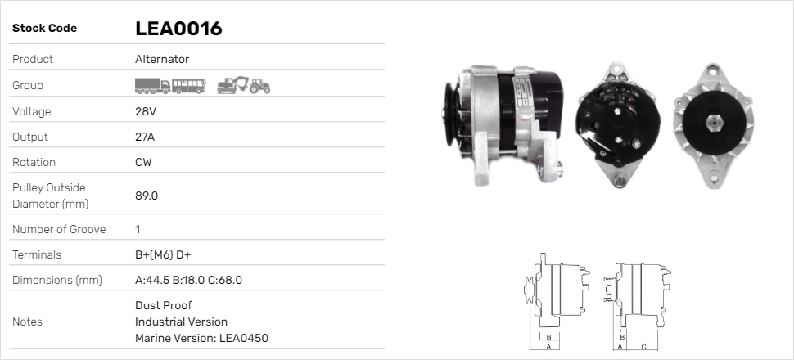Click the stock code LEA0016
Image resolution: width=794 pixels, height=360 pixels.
(178, 29)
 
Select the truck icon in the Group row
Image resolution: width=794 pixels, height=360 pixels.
(152, 85)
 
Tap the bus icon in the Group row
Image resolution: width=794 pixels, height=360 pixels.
(188, 85)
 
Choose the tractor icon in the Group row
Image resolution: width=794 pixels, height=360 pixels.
(259, 85)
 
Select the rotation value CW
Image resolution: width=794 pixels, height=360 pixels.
(143, 162)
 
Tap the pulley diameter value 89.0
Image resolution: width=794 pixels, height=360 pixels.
(147, 196)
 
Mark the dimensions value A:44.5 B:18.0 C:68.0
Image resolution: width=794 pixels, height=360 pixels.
(188, 280)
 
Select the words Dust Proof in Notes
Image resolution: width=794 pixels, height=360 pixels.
(164, 305)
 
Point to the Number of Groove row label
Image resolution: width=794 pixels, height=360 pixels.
(59, 229)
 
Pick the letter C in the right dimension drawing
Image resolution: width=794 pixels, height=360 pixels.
(643, 347)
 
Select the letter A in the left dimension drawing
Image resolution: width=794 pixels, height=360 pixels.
(548, 347)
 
